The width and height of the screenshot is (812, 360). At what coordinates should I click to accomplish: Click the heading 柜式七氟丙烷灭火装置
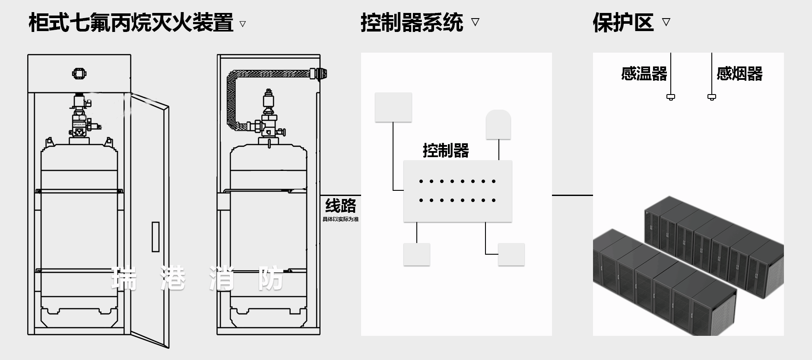(131, 22)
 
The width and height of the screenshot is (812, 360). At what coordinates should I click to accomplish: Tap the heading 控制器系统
(412, 22)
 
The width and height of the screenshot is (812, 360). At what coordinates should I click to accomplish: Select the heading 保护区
(623, 22)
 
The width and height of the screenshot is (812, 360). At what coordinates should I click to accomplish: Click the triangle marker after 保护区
(666, 22)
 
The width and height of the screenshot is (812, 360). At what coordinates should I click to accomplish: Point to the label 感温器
(644, 74)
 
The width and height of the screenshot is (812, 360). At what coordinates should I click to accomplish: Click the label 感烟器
(739, 74)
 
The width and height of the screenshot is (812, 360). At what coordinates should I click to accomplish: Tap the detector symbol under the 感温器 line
(671, 97)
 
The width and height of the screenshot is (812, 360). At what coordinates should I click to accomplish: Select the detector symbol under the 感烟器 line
(712, 97)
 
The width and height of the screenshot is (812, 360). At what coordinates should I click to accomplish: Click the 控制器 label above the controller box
(446, 150)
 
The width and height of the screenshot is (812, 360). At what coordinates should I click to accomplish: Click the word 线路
(340, 205)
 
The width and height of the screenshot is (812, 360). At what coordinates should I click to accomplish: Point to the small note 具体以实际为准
(340, 219)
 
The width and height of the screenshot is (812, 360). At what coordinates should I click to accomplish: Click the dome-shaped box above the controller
(498, 124)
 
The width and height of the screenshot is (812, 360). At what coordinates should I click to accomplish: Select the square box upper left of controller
(393, 107)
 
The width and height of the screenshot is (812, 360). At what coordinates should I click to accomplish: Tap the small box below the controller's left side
(416, 254)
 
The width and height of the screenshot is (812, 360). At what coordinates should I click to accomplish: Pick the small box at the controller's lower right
(511, 254)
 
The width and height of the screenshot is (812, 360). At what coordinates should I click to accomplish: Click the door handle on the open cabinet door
(155, 237)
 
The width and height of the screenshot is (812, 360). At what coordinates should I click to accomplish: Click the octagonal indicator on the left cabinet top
(79, 73)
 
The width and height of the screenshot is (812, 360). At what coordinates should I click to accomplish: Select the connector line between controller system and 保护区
(572, 195)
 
